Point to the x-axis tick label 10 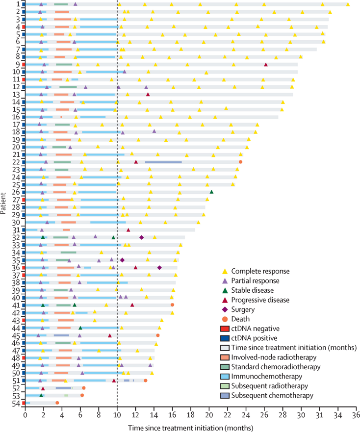(x=117, y=414)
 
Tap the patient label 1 (x=18, y=4)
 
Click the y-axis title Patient (x=4, y=203)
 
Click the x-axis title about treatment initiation (x=191, y=427)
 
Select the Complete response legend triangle (x=225, y=271)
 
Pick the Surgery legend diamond (x=225, y=309)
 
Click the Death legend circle (x=225, y=319)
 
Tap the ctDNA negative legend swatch (x=225, y=329)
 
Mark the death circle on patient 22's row (x=240, y=161)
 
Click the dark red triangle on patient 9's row (x=266, y=64)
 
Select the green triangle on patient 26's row (x=211, y=192)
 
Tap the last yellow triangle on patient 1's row (x=348, y=4)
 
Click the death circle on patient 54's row (x=57, y=403)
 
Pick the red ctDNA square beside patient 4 (x=23, y=27)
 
